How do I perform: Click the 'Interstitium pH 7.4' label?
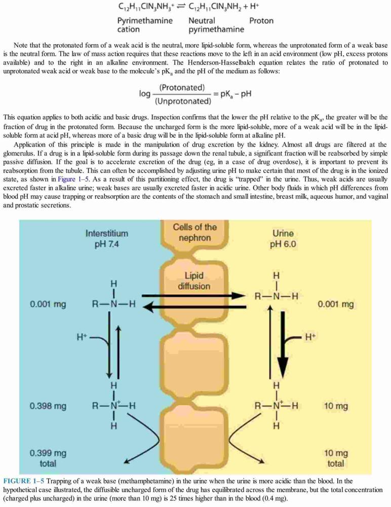(x=107, y=238)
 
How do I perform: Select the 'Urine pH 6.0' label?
(x=283, y=238)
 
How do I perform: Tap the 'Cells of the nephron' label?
(x=194, y=232)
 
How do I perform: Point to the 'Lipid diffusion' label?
(x=194, y=281)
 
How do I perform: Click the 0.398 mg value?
(x=48, y=406)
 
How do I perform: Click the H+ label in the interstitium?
(x=82, y=337)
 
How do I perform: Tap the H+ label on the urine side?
(x=310, y=337)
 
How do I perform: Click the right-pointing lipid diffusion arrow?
(x=194, y=296)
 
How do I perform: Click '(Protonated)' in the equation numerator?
(x=182, y=88)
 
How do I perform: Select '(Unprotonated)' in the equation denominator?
(x=183, y=101)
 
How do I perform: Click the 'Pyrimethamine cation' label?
(x=145, y=25)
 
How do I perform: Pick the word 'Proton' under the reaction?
(x=261, y=21)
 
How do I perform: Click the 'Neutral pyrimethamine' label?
(x=216, y=25)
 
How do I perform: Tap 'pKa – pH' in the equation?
(x=236, y=94)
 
